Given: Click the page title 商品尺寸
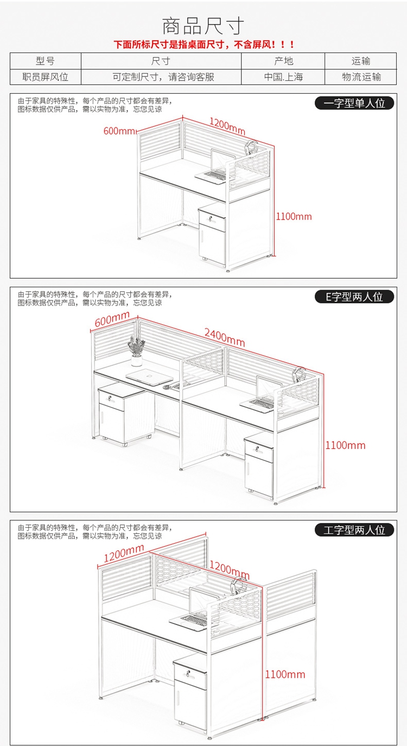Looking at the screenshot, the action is coord(203,27).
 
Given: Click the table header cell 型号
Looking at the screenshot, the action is coord(46,61).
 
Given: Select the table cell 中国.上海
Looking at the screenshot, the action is coord(283,77).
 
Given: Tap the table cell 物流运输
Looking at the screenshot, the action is coord(361,77).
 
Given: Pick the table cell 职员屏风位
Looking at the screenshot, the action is coord(46,77).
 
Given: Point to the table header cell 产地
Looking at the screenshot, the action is coord(283,61).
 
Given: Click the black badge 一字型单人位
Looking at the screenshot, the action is coord(354,103).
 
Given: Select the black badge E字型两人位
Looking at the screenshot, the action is coord(354,297).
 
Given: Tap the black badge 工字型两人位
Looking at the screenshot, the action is coord(354,530).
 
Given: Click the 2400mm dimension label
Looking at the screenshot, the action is coord(225,338).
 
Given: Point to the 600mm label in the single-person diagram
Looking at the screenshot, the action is coord(119,131).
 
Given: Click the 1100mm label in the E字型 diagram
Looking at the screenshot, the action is coord(345,445).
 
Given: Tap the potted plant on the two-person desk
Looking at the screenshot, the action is coord(136,351).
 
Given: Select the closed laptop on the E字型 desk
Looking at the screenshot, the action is coord(149,377).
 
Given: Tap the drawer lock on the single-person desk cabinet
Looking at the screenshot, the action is coord(211,218).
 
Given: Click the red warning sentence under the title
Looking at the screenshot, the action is coord(204,44).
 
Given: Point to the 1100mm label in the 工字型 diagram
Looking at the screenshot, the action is coord(285,674).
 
